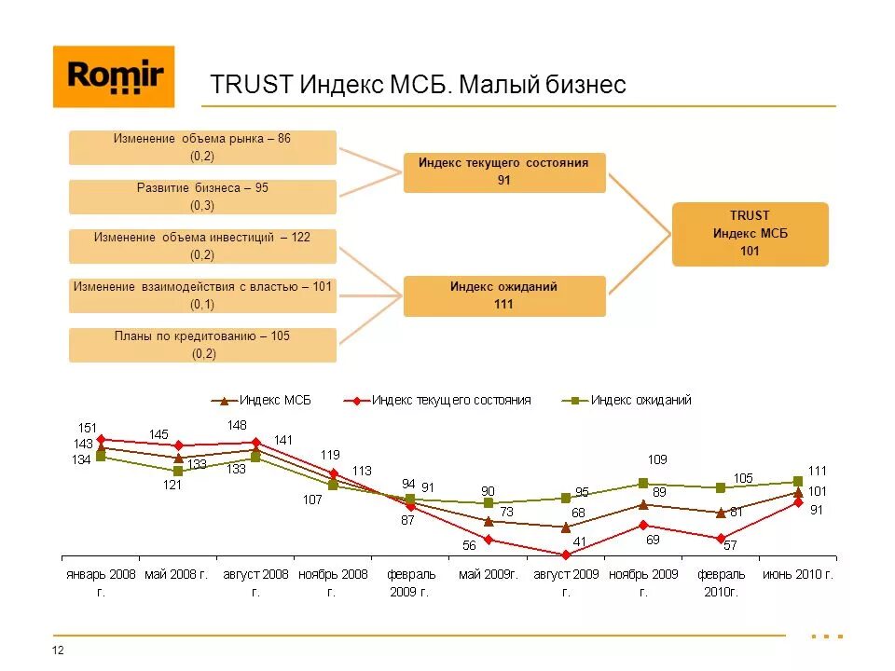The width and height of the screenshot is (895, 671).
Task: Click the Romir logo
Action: (114, 76)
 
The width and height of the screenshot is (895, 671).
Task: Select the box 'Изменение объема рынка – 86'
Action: (202, 147)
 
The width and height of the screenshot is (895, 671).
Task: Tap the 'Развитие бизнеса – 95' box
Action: (202, 197)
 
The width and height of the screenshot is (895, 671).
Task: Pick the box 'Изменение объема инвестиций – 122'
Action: (202, 246)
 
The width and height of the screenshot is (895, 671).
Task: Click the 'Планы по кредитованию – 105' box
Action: (202, 345)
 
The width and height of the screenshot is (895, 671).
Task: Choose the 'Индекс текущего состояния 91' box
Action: (503, 172)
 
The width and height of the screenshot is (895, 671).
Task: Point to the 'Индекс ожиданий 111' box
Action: (503, 295)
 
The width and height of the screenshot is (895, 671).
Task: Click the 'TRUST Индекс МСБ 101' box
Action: (750, 234)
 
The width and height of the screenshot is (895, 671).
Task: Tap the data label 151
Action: (87, 428)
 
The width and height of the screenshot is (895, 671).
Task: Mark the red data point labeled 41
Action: (566, 555)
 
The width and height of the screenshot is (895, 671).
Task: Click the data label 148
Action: (236, 426)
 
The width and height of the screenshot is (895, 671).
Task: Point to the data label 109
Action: (656, 459)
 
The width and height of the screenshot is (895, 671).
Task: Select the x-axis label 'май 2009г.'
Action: (488, 574)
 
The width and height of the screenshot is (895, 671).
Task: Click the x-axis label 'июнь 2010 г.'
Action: (797, 574)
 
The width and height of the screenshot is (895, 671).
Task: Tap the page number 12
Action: (58, 650)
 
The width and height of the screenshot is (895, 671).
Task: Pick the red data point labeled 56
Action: (489, 539)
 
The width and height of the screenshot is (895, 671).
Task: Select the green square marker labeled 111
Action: (798, 482)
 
